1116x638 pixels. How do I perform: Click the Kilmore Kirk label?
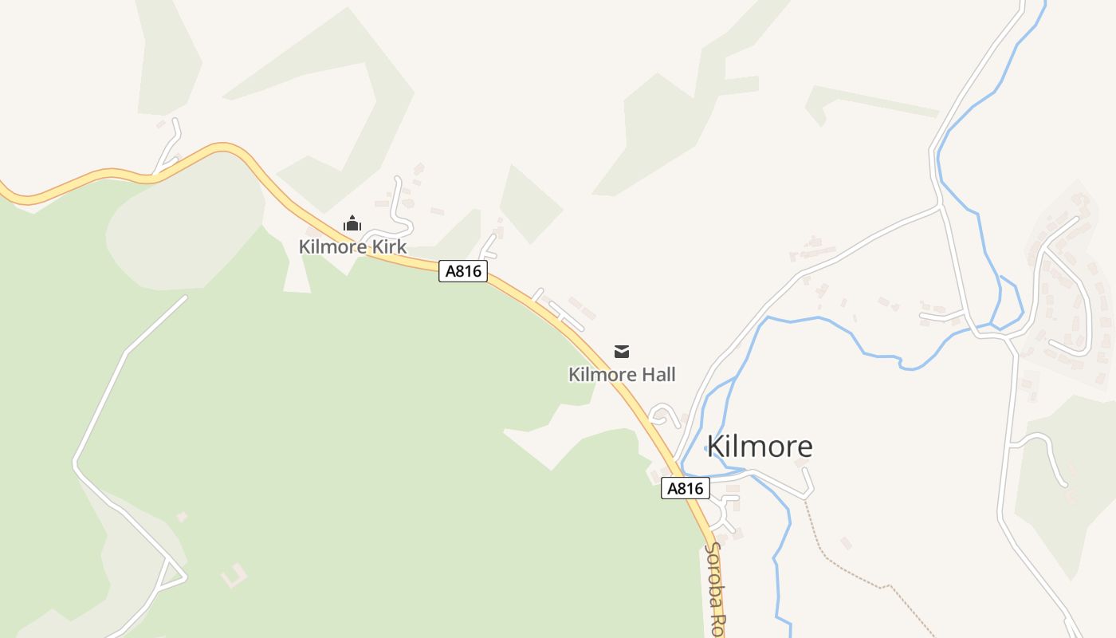[x=352, y=246]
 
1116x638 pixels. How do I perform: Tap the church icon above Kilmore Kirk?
[x=352, y=223]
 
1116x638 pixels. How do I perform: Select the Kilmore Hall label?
[x=622, y=374]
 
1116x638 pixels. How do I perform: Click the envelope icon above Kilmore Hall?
[x=622, y=351]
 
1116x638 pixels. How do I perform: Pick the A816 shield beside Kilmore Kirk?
[x=463, y=271]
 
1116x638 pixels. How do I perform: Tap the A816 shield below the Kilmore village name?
[x=686, y=488]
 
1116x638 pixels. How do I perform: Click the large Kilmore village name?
[x=760, y=446]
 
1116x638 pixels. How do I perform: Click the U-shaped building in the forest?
[x=234, y=575]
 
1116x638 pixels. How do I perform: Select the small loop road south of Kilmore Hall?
[x=664, y=415]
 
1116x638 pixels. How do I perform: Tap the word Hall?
[x=658, y=374]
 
